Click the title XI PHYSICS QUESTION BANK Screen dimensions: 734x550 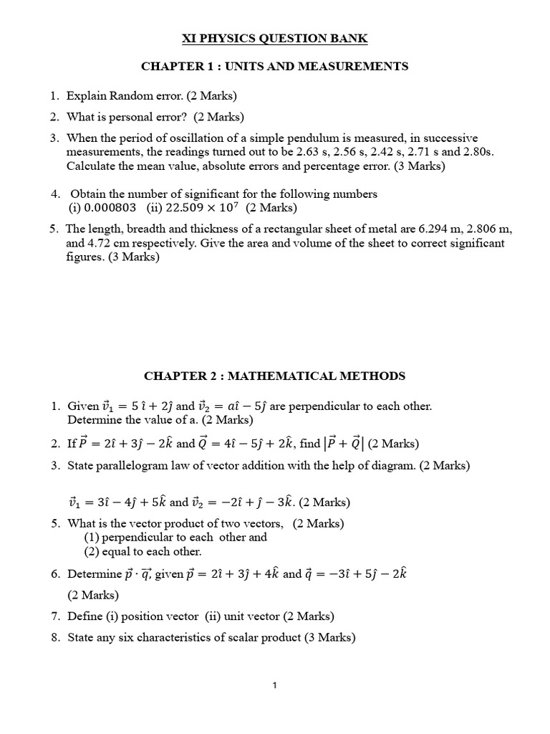pyautogui.click(x=275, y=38)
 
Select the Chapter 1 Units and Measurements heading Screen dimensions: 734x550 pyautogui.click(x=275, y=67)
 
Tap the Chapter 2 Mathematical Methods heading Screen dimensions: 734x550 pyautogui.click(x=275, y=376)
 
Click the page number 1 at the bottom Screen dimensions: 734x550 pyautogui.click(x=275, y=685)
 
